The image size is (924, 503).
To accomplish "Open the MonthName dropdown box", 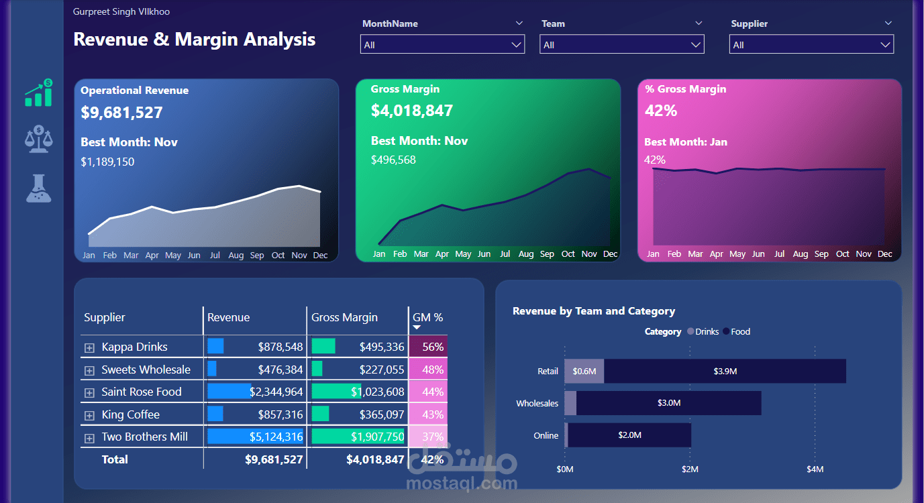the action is point(442,44).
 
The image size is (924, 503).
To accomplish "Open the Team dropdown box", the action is point(621,44).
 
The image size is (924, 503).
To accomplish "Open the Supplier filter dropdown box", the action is point(811,44).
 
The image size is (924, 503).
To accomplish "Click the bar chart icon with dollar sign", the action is point(39,93).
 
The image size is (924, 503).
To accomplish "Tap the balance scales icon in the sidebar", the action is point(39,139).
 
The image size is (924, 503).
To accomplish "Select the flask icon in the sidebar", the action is point(39,188).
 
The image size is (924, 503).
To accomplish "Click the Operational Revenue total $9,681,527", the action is point(121,113).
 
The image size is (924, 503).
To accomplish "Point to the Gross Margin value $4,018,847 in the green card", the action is point(412,111).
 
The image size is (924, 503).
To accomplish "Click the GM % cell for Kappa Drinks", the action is point(428,347).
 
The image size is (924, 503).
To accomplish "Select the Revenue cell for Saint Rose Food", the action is point(256,392).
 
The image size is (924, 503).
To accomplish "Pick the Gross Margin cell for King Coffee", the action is point(358,414).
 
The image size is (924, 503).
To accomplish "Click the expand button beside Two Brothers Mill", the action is point(89,438).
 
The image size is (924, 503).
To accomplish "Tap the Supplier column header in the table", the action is point(105,317).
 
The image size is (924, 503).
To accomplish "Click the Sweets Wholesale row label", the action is point(146,370).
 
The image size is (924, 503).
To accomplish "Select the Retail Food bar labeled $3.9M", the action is point(725,371).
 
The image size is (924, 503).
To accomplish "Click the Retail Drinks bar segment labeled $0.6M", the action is point(584,371).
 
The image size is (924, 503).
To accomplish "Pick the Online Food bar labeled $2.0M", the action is point(629,435).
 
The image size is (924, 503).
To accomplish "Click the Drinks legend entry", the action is point(703,331).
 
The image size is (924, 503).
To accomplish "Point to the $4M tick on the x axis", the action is point(815,469).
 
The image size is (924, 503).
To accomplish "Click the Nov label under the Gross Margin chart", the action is point(589,254).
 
